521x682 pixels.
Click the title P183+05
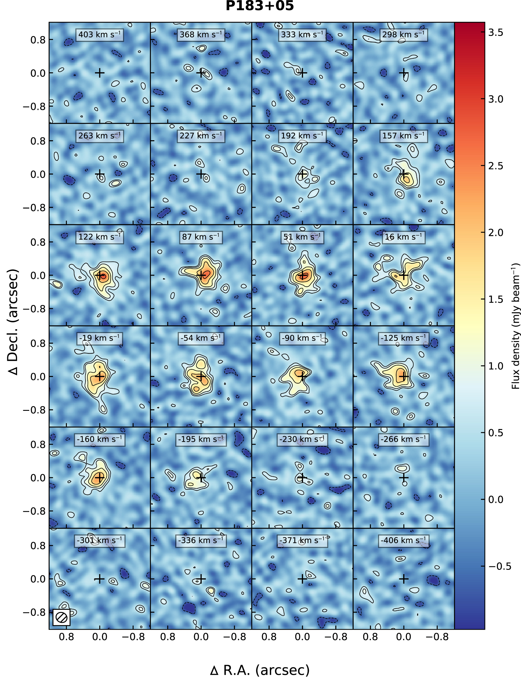pos(260,6)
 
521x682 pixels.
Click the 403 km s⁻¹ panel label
pos(100,35)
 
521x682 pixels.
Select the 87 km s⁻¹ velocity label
pos(201,237)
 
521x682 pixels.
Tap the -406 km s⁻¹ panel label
pos(403,540)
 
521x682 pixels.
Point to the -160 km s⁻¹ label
pos(100,439)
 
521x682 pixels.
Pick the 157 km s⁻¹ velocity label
pos(403,136)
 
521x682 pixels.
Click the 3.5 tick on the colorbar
pos(496,32)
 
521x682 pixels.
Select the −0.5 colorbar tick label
pos(500,566)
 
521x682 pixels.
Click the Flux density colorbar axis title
pos(515,326)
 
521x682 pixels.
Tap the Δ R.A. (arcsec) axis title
pos(260,670)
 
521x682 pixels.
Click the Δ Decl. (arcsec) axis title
pos(13,322)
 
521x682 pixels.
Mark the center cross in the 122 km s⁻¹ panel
pos(100,275)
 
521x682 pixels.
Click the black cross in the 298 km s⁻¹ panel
pos(403,73)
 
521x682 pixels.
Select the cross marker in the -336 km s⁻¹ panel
pos(201,579)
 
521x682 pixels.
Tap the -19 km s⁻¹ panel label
pos(100,338)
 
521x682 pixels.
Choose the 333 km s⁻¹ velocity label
pos(302,35)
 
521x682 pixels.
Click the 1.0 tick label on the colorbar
pos(496,366)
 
